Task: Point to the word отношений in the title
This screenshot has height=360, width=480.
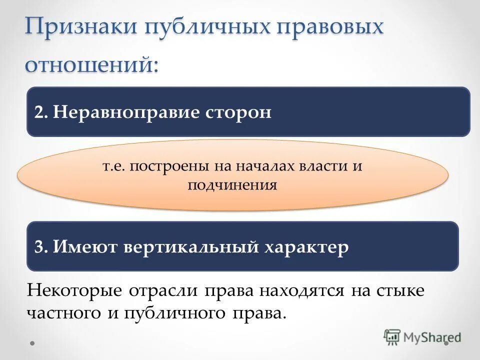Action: (91, 63)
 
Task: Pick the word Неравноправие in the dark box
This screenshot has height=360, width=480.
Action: (125, 112)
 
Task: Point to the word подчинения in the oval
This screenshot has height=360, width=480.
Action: (232, 185)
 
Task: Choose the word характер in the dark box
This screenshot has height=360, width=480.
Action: (306, 246)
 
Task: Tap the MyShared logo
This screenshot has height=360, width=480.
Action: (422, 337)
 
